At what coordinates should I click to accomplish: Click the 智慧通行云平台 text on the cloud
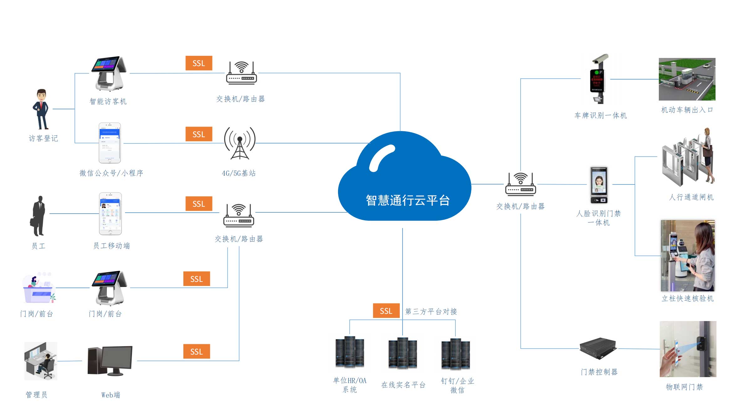(x=408, y=200)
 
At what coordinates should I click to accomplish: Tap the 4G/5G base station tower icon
(x=240, y=143)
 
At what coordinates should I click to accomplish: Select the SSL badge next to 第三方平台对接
(x=386, y=311)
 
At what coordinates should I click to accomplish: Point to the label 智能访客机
(x=108, y=101)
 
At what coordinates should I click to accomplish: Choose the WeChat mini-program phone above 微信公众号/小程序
(x=110, y=143)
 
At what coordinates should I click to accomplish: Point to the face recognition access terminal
(x=599, y=185)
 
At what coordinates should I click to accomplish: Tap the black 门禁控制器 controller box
(x=598, y=348)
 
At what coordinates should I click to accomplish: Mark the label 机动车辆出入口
(x=687, y=110)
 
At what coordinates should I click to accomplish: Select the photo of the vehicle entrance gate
(x=687, y=79)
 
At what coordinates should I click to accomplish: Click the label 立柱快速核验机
(x=688, y=298)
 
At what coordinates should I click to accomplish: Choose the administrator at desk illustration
(x=41, y=361)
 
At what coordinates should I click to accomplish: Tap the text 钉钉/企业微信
(x=457, y=386)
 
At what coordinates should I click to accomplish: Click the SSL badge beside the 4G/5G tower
(x=199, y=134)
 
